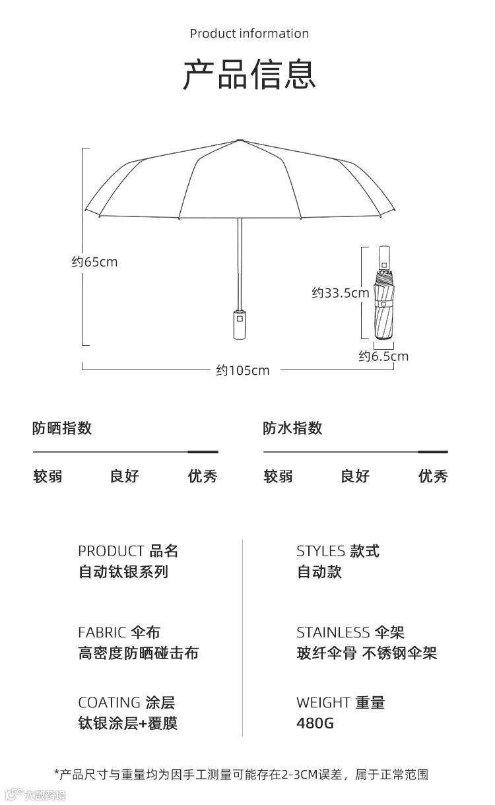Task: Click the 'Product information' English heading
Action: (249, 34)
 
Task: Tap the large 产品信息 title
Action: (249, 75)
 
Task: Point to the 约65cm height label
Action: (94, 262)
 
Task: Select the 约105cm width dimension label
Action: (243, 370)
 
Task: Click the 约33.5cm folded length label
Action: (340, 293)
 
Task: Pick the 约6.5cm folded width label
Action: (383, 356)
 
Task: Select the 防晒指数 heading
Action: (62, 428)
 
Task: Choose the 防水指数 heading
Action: (292, 428)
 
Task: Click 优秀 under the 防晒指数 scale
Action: (202, 476)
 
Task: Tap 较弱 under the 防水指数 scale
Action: (278, 476)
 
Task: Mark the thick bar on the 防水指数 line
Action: (433, 452)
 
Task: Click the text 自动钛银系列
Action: (123, 572)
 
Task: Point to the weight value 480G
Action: (315, 723)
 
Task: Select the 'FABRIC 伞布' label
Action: (119, 633)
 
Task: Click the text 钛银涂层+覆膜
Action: (127, 723)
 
